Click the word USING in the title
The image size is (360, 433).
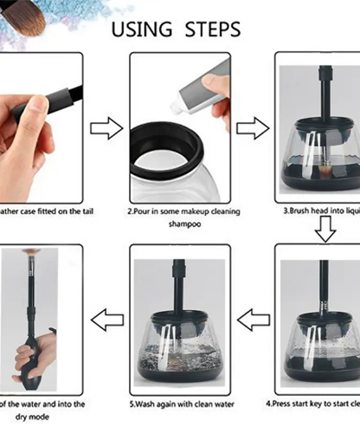[144, 29]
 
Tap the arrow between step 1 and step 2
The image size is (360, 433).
[106, 130]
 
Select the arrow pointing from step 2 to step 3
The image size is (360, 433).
[252, 129]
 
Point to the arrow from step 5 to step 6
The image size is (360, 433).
[106, 320]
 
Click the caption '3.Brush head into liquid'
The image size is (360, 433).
[321, 210]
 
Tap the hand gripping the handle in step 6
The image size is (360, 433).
[33, 355]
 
